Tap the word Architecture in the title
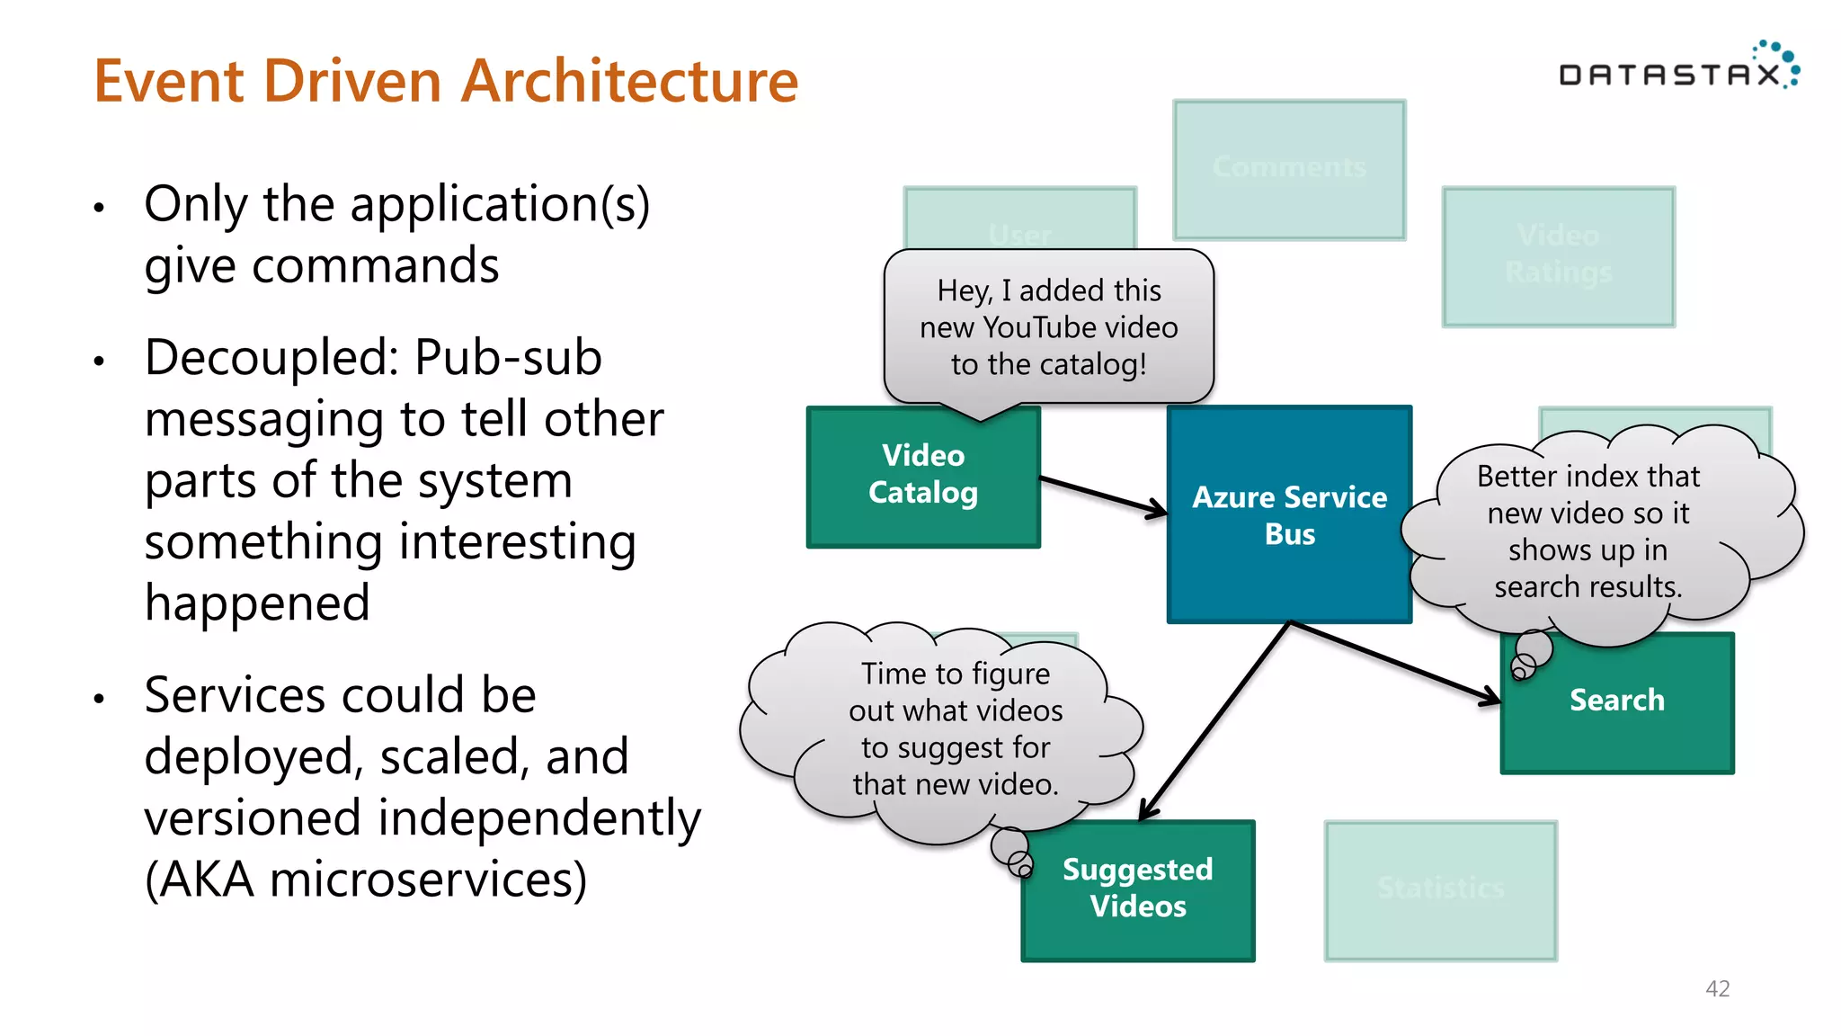(629, 81)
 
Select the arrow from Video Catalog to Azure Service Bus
(1104, 496)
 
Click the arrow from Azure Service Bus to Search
(1393, 661)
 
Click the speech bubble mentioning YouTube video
(1048, 327)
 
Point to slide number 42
(1717, 988)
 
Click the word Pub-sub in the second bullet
(508, 358)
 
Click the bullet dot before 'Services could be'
(99, 698)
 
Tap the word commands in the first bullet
(375, 267)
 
